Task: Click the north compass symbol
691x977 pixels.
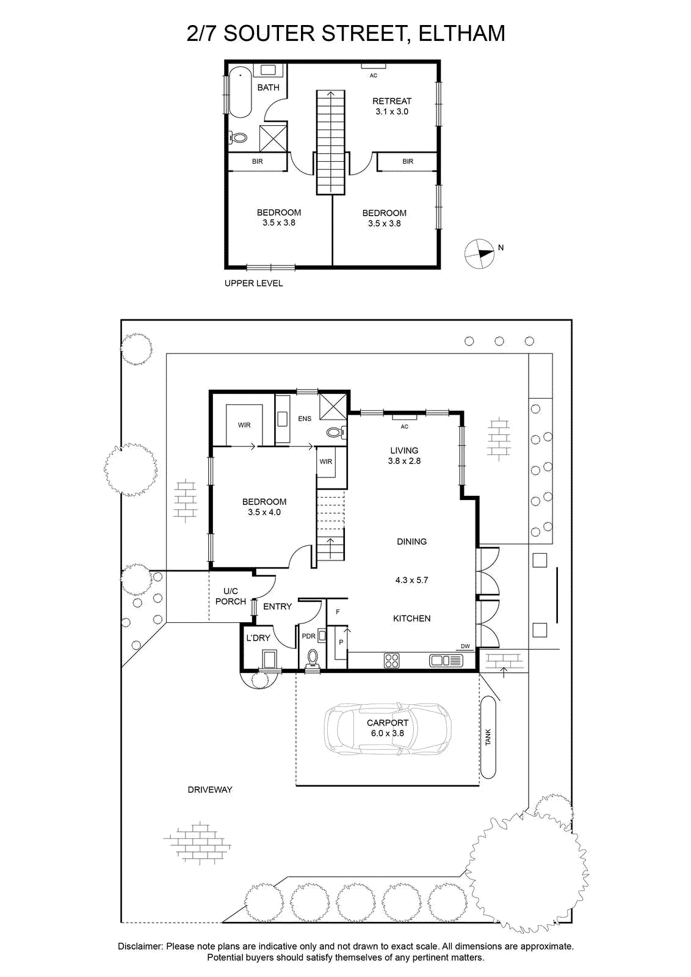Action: [x=479, y=253]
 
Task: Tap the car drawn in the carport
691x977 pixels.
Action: [x=388, y=728]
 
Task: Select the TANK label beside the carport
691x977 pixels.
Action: [x=488, y=736]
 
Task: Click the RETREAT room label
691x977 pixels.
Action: [x=391, y=101]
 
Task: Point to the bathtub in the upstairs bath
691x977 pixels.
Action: [x=240, y=92]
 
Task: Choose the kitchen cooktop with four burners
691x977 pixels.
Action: [x=391, y=660]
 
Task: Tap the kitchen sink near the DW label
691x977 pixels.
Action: [x=446, y=661]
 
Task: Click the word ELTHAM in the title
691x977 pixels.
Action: [x=461, y=34]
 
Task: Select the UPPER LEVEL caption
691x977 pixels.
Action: [x=253, y=283]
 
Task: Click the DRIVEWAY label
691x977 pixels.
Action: [x=210, y=790]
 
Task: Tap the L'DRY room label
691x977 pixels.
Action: [x=258, y=637]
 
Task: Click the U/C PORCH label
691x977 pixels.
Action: [x=231, y=596]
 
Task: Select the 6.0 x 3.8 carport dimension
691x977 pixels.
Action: [x=387, y=733]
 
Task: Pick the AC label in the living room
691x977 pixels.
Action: [x=404, y=427]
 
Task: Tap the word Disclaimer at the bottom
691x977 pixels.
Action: [x=140, y=946]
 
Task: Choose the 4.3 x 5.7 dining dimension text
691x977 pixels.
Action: [x=411, y=580]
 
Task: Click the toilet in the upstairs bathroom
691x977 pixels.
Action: [x=238, y=138]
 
